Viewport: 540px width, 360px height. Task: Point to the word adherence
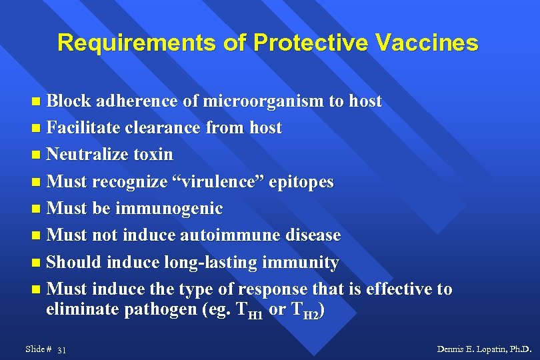[x=137, y=101]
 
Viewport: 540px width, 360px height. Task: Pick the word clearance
[x=170, y=127]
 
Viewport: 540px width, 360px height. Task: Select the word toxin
[x=153, y=155]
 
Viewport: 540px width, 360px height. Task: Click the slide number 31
[x=62, y=350]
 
